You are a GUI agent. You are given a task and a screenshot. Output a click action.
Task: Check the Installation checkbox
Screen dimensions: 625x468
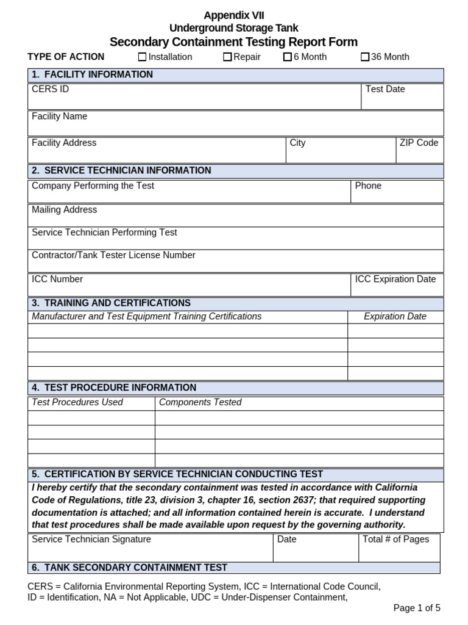(x=143, y=57)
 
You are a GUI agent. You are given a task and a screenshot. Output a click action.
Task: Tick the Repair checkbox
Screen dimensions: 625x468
(x=227, y=57)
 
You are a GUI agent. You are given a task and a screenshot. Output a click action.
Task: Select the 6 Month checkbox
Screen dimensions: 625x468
(x=288, y=57)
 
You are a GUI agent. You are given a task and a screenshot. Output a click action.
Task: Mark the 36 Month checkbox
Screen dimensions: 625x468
(x=365, y=57)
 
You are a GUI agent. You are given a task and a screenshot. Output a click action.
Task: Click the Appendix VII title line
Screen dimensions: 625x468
(x=234, y=16)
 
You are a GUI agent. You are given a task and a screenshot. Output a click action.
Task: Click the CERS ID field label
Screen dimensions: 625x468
(x=50, y=89)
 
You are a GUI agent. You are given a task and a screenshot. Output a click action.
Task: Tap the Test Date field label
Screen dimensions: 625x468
(x=385, y=89)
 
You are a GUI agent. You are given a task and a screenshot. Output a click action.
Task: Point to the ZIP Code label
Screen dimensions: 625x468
(x=419, y=143)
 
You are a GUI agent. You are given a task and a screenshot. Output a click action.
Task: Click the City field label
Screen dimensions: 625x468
(x=297, y=143)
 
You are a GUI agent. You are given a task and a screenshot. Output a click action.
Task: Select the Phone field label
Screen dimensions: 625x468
(x=368, y=186)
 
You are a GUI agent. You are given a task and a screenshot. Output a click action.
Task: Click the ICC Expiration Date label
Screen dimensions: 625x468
(x=395, y=279)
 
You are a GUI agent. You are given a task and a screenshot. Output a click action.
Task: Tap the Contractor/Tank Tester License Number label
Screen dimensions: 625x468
(x=113, y=255)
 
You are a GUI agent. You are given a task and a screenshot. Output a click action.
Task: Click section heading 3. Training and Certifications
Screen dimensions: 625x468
(x=111, y=303)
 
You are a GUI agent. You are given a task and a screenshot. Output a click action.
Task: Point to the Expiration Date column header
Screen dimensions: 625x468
(x=395, y=316)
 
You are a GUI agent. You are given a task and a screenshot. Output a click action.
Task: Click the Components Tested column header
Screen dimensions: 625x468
(x=200, y=402)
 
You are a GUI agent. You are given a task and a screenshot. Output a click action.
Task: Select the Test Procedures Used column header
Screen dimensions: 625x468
(x=77, y=402)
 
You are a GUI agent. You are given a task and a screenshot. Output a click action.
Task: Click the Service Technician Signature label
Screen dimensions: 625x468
(x=91, y=539)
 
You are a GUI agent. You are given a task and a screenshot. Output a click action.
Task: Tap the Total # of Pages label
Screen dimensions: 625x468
(x=395, y=539)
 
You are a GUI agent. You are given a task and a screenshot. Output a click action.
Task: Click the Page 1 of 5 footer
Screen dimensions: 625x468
(x=417, y=608)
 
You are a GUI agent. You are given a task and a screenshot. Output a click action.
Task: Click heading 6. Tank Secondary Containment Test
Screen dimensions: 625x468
(x=129, y=568)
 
